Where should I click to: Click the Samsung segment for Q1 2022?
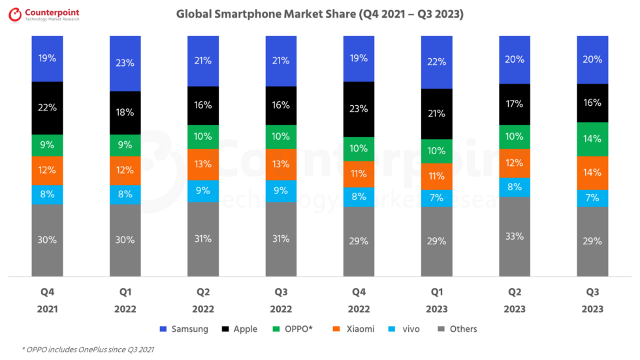click(x=125, y=63)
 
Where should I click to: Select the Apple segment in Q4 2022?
click(x=359, y=109)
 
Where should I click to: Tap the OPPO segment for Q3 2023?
click(x=592, y=139)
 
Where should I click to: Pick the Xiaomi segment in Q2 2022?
click(x=203, y=165)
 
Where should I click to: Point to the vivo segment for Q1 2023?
click(x=437, y=199)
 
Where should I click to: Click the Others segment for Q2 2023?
click(x=515, y=237)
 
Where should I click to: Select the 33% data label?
click(x=515, y=237)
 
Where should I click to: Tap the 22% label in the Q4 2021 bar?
click(x=47, y=108)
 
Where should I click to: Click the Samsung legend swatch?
click(x=163, y=329)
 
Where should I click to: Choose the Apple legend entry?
click(x=240, y=329)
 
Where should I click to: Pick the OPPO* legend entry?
click(x=293, y=329)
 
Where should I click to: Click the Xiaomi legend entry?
click(x=354, y=329)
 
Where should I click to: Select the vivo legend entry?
click(x=404, y=329)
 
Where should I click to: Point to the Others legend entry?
click(x=457, y=329)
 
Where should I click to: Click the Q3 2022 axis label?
click(x=281, y=301)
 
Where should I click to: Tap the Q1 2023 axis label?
click(x=437, y=301)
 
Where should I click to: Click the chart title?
click(x=319, y=14)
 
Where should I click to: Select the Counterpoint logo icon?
click(x=15, y=14)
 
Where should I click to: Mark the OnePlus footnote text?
click(x=88, y=350)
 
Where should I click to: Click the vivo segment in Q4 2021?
click(x=47, y=195)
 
